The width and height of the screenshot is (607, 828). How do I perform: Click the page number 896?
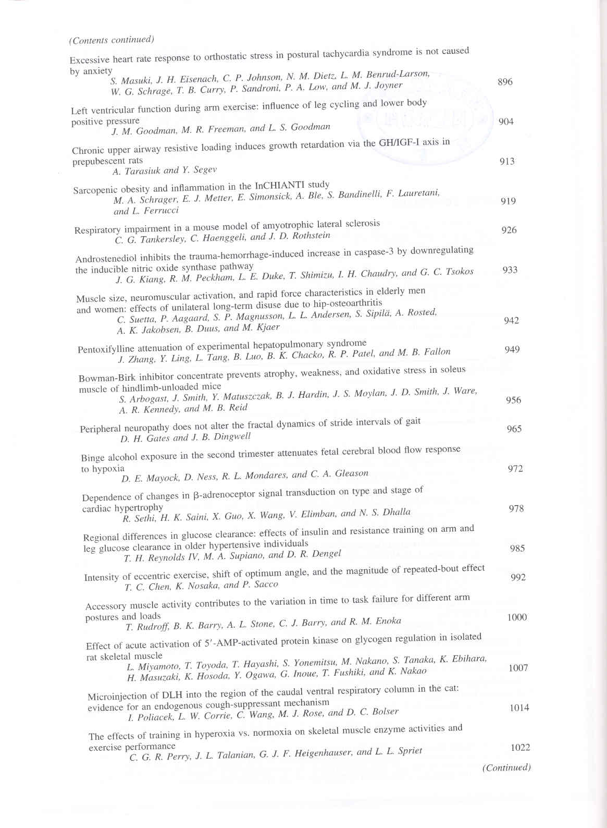coord(505,82)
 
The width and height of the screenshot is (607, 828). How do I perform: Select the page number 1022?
coord(520,747)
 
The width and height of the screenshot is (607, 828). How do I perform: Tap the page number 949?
coord(512,349)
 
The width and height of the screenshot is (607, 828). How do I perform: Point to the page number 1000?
coord(517,617)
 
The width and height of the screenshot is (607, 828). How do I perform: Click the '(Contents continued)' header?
coord(112,40)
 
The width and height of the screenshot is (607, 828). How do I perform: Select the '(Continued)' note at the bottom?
coord(506,768)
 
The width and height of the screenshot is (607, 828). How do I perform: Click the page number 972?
coord(515,469)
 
